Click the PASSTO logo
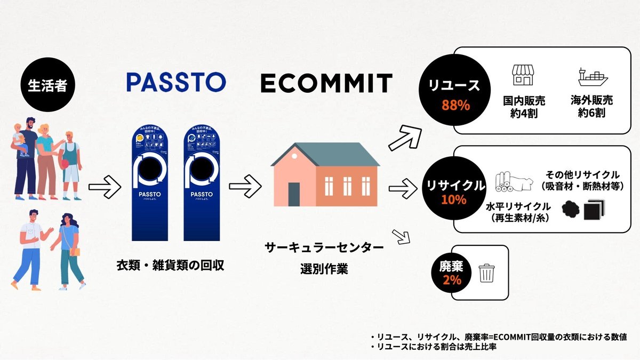[x=176, y=82]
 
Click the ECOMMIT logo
[x=326, y=83]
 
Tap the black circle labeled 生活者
[x=47, y=86]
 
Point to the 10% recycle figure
[x=453, y=200]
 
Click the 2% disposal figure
[x=451, y=280]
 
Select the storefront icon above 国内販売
[x=522, y=76]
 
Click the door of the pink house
[x=294, y=194]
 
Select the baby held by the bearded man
[x=20, y=136]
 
